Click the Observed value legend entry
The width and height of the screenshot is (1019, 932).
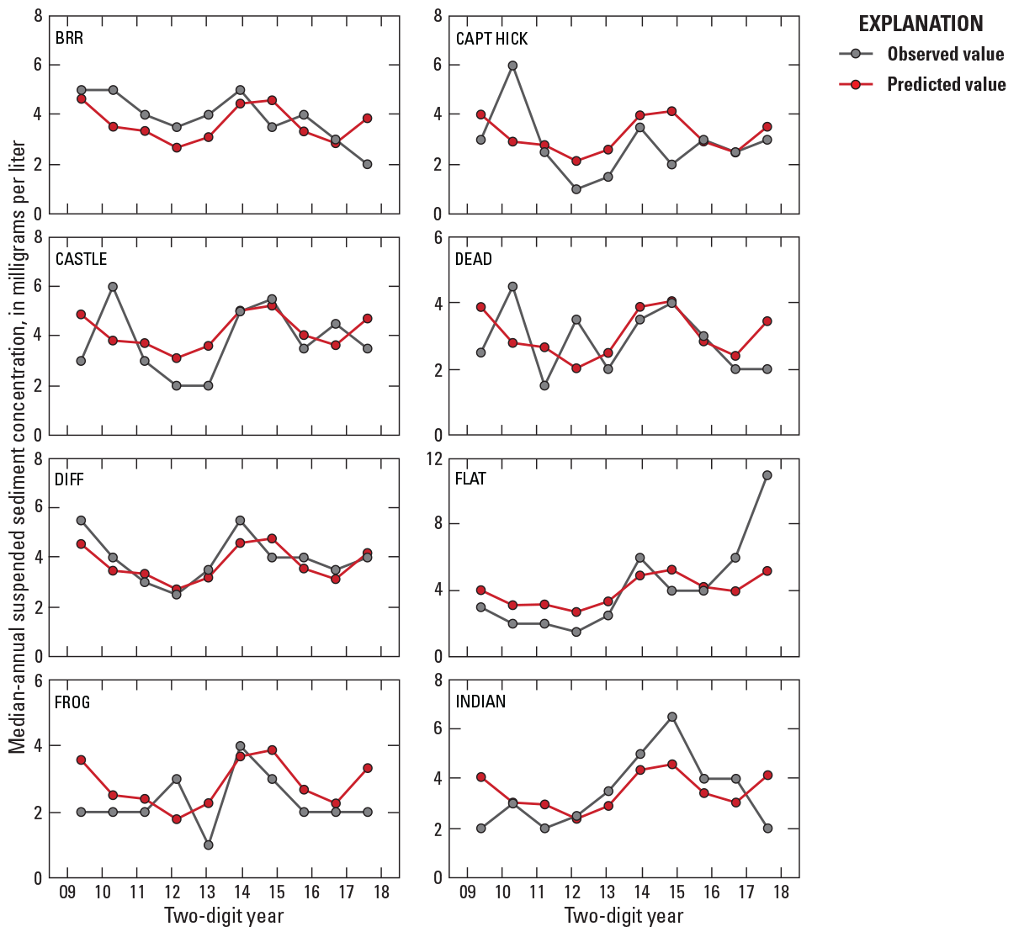tap(945, 55)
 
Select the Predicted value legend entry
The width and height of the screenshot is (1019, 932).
tap(945, 85)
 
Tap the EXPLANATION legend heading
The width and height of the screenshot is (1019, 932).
tap(921, 24)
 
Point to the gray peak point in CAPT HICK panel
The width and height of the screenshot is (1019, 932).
tap(512, 65)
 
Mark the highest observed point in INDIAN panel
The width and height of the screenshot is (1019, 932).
tap(672, 717)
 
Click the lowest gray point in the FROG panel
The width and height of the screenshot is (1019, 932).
tap(209, 845)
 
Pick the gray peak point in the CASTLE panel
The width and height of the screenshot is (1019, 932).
tap(113, 286)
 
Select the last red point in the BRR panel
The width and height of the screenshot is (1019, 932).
tap(368, 119)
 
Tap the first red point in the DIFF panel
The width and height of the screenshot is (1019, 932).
tap(81, 544)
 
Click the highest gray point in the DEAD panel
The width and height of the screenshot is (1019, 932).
tap(512, 286)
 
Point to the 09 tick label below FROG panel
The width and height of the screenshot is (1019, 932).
tap(67, 892)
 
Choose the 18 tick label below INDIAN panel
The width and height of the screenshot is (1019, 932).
tap(780, 892)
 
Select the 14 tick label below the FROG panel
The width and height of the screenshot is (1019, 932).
tap(241, 892)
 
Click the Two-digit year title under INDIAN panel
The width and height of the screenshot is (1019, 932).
tap(624, 915)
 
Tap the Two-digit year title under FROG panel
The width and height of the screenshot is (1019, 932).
tap(224, 915)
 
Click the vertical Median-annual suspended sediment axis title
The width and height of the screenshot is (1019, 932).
tap(19, 446)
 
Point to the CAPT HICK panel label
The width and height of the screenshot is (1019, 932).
tap(491, 39)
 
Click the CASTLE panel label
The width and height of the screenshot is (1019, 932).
tap(82, 259)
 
